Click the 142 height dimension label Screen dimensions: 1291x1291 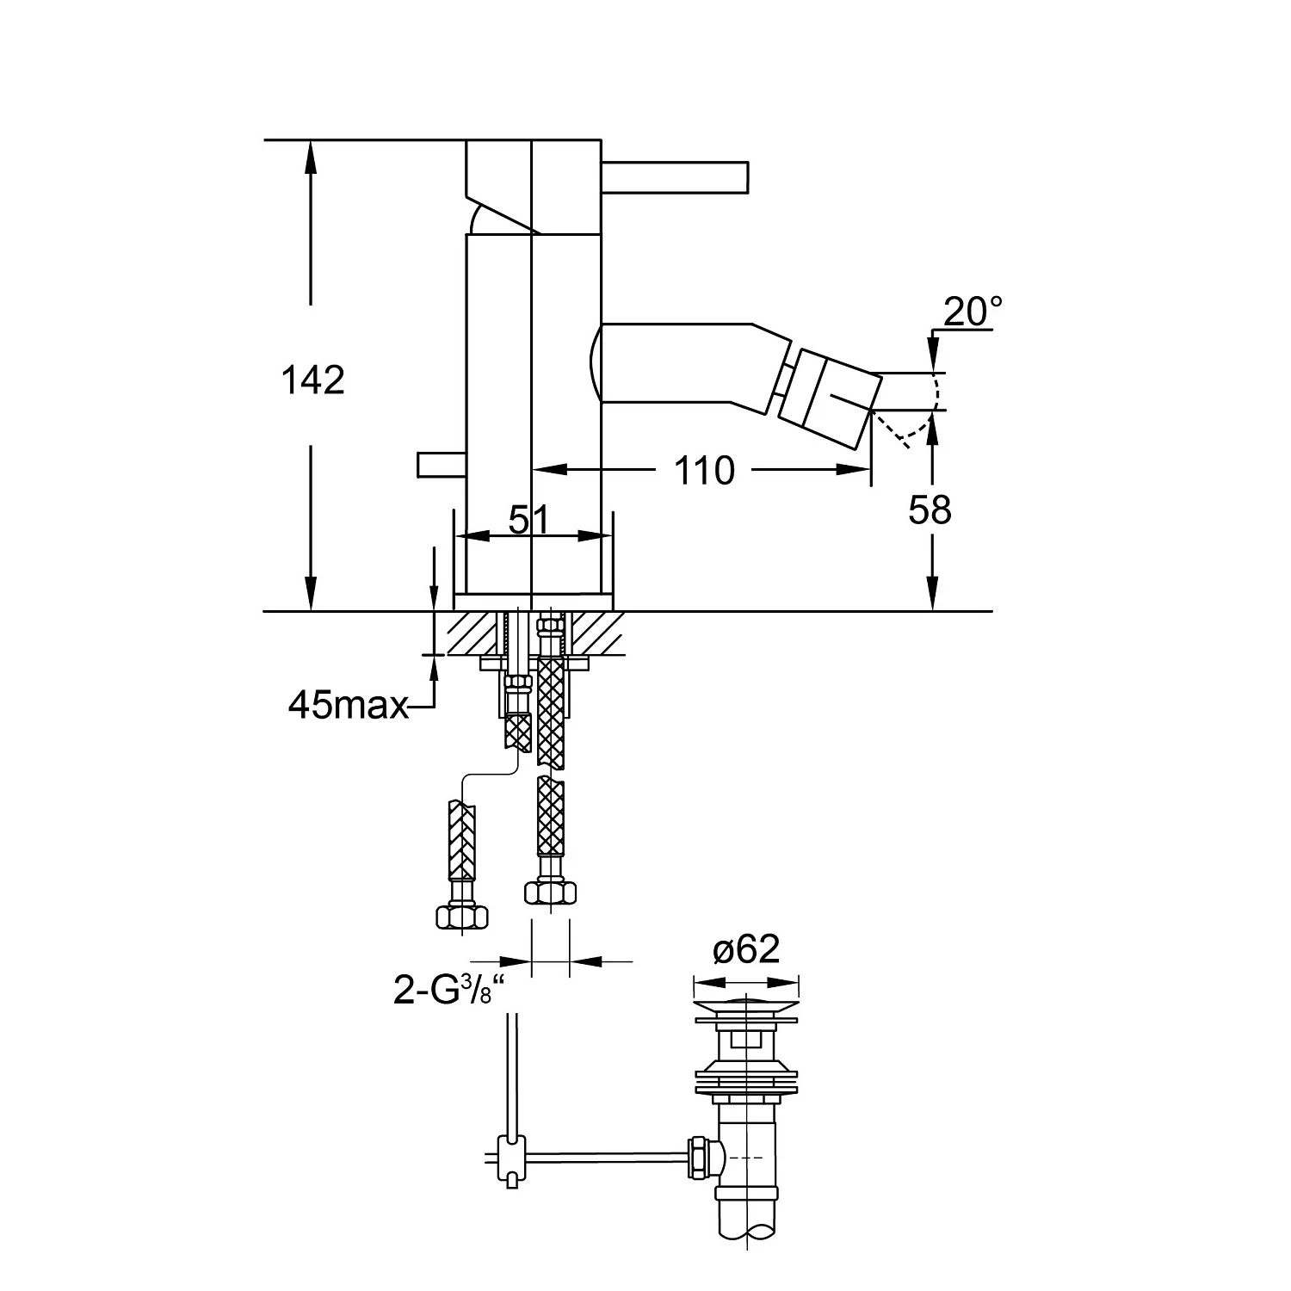coord(313,380)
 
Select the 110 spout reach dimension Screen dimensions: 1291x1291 coord(703,471)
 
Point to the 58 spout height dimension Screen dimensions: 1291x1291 coord(930,510)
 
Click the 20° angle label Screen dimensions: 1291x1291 coord(973,312)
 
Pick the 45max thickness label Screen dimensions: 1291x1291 coord(348,706)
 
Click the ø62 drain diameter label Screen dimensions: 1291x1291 coord(746,949)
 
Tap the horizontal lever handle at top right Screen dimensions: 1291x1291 coord(675,177)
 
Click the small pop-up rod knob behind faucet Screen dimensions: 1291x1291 coord(441,464)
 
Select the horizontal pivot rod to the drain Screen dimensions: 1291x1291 coord(602,1153)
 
